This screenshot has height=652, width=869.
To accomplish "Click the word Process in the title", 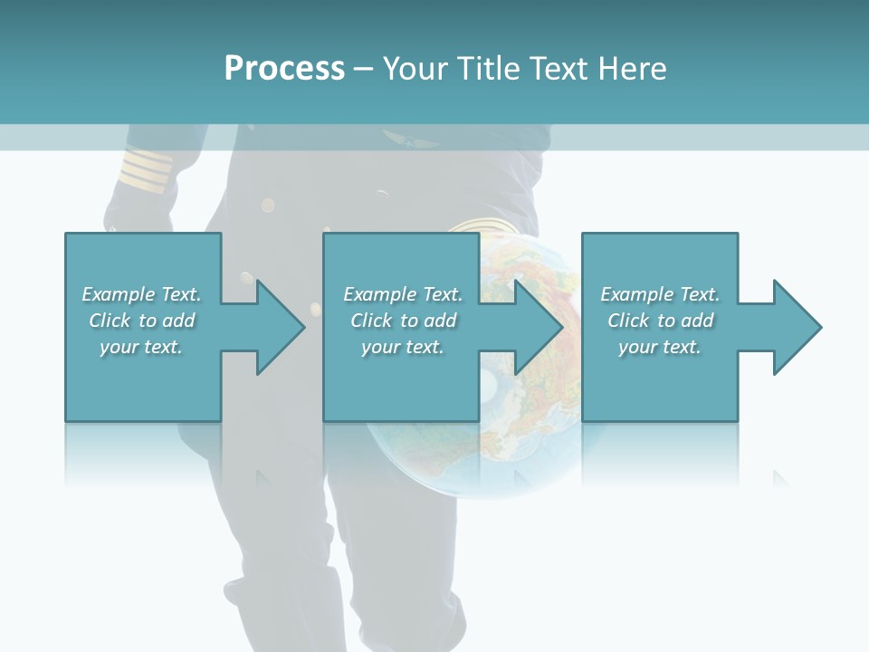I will tap(284, 69).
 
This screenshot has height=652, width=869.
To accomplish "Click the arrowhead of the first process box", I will tap(277, 327).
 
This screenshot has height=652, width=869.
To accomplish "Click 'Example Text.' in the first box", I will tap(141, 294).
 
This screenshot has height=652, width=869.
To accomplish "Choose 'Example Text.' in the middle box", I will tap(403, 294).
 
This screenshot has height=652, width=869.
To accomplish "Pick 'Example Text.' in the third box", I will tap(660, 294).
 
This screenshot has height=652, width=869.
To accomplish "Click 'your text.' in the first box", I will tap(141, 347).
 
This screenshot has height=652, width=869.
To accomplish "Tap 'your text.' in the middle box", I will tap(403, 347).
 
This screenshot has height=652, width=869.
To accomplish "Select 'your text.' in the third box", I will tap(660, 347).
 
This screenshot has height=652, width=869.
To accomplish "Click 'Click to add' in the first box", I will tap(141, 321).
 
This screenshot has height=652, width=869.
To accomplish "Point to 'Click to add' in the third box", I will tap(660, 321).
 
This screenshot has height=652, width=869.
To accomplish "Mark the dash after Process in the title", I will tap(363, 70).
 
